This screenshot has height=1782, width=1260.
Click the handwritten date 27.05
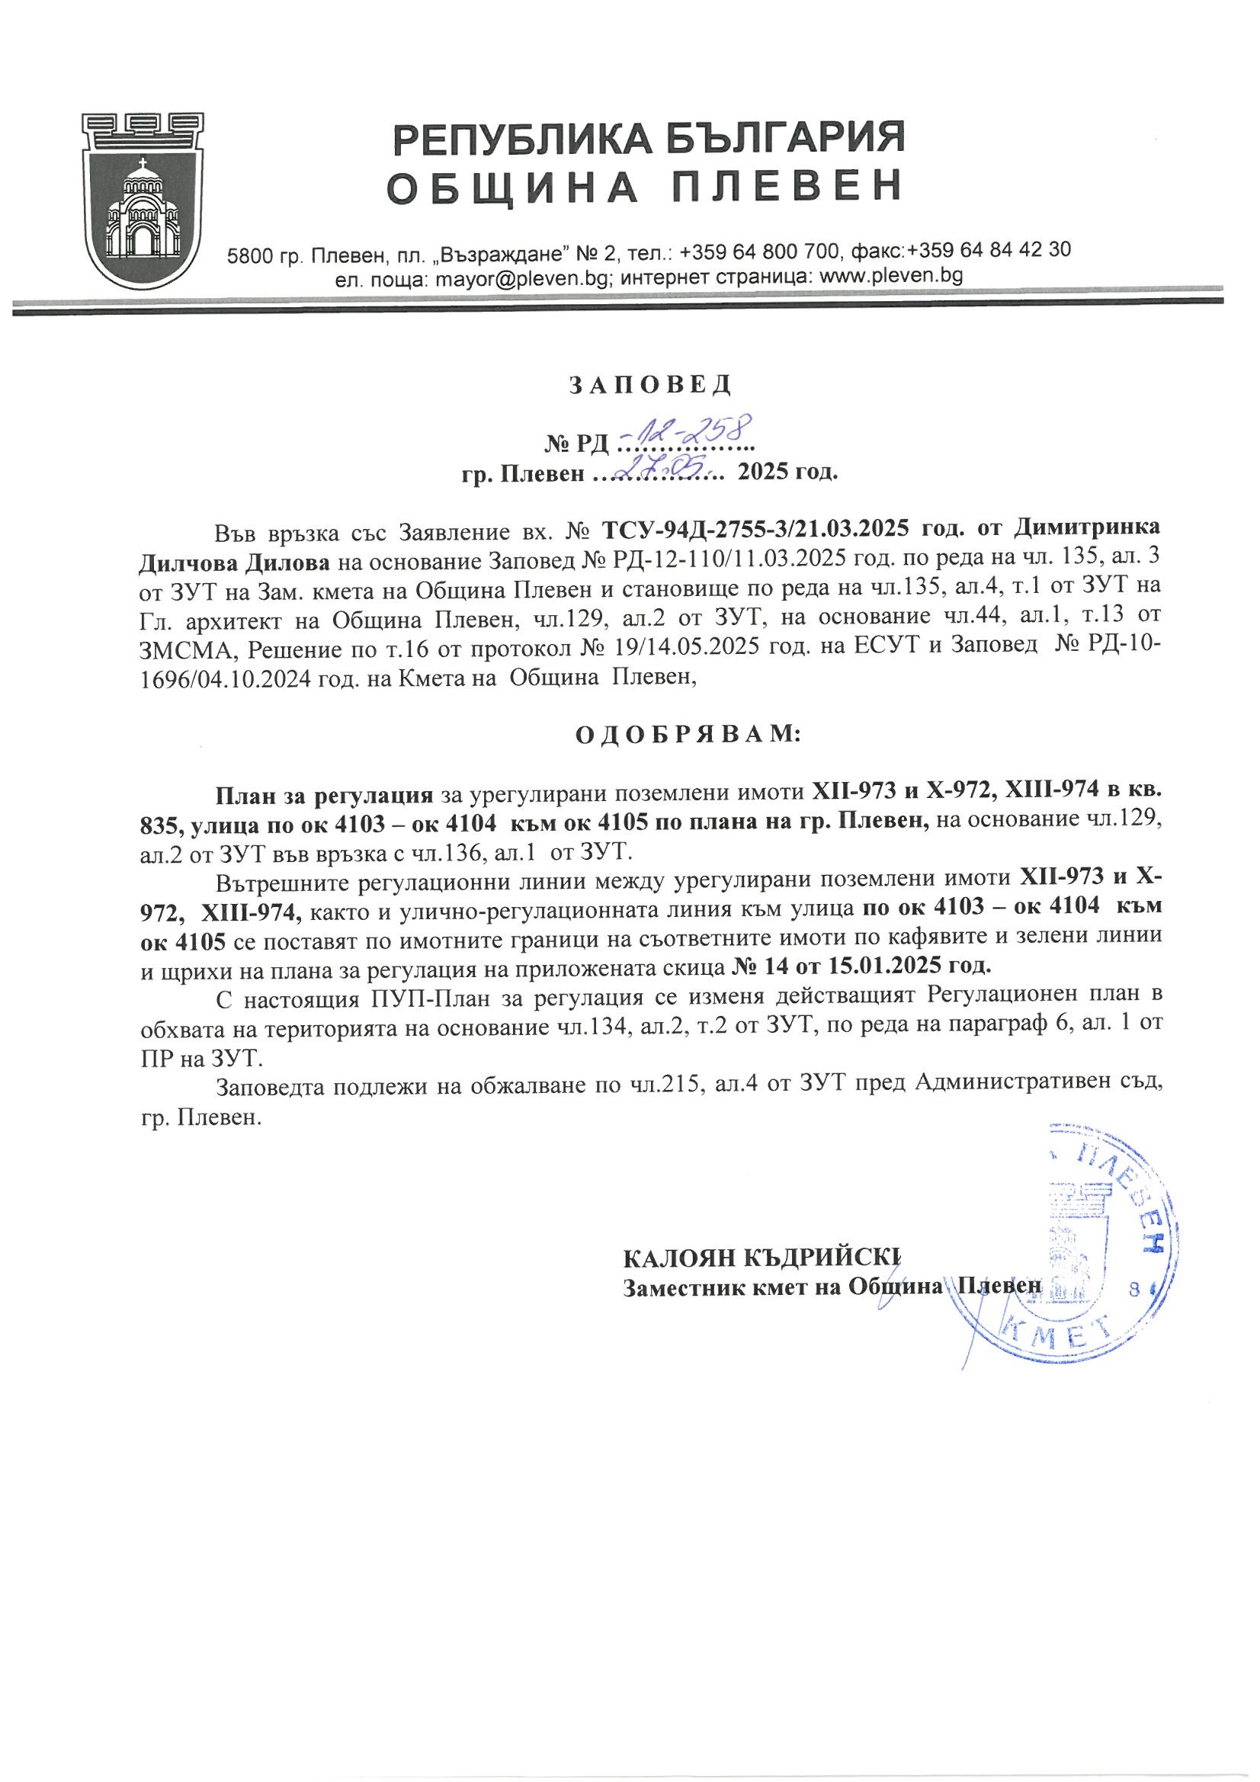[659, 467]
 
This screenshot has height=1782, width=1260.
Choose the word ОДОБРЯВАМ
[686, 733]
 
